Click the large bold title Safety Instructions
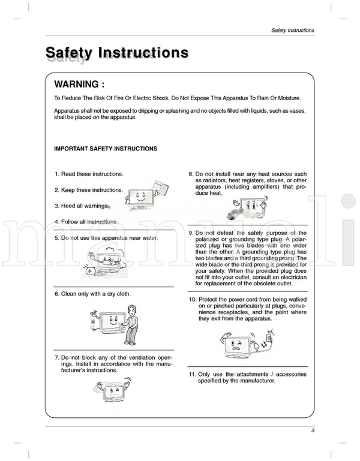(117, 53)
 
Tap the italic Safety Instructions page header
(292, 30)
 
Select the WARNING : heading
(88, 85)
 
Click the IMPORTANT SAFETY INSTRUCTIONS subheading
(106, 149)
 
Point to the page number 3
(313, 430)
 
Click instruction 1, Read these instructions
(89, 174)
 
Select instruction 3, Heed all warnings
(84, 206)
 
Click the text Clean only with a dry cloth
(92, 294)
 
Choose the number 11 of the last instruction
(192, 374)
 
